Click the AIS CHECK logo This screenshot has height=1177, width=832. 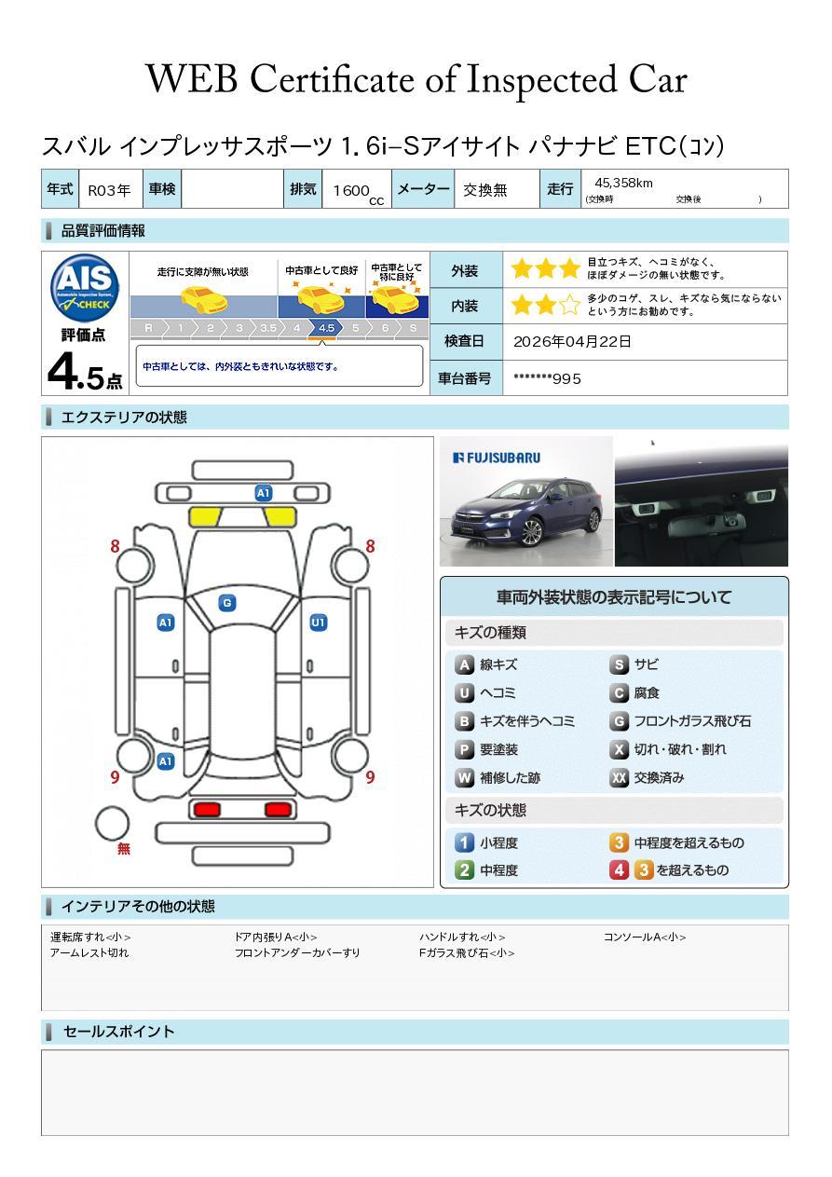click(85, 287)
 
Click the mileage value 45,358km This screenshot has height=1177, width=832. click(623, 184)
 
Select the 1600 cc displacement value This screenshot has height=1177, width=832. click(358, 192)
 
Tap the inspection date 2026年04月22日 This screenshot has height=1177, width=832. click(572, 342)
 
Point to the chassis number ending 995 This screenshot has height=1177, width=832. click(547, 379)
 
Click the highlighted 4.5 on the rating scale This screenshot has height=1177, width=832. click(326, 328)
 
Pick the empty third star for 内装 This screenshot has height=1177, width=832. click(569, 305)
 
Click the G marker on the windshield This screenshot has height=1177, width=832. click(227, 603)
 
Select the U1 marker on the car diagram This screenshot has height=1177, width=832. click(319, 623)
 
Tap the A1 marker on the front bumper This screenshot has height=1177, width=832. click(263, 493)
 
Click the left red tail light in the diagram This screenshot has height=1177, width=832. click(207, 809)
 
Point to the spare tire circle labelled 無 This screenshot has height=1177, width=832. click(112, 824)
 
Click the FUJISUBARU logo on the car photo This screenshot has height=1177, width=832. click(497, 458)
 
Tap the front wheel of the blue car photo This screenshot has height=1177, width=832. click(532, 533)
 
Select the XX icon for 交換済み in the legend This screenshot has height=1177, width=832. click(619, 777)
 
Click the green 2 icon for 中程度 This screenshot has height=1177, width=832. click(464, 870)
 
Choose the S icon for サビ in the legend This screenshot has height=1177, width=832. click(619, 664)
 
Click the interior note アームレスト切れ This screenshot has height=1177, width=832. click(89, 953)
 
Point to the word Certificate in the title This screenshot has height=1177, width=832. click(332, 79)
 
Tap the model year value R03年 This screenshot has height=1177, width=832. click(109, 190)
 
